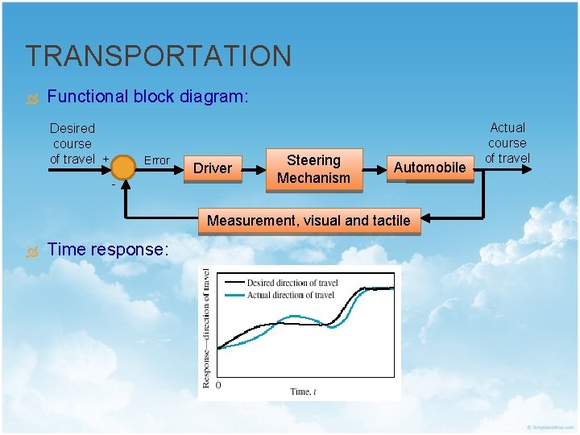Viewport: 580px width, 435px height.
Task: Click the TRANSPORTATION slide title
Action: [x=158, y=56]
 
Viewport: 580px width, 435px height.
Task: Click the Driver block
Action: [x=213, y=168]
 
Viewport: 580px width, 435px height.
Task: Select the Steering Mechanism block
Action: [x=313, y=169]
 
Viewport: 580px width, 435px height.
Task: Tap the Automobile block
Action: [x=429, y=168]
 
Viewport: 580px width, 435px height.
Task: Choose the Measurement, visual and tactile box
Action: [x=309, y=221]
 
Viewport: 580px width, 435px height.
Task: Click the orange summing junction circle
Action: [x=123, y=168]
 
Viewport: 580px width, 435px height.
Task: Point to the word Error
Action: [x=156, y=160]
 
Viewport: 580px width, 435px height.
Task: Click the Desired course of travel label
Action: [x=72, y=143]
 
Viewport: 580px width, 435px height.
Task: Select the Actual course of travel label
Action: [x=507, y=143]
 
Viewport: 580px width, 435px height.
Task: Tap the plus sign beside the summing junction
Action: [x=106, y=158]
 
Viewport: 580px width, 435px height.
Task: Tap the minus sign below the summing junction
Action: [x=113, y=184]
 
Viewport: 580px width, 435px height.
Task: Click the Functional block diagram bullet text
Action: [x=148, y=97]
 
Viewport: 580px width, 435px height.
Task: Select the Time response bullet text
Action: [x=108, y=250]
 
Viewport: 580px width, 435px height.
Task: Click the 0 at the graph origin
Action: [x=218, y=386]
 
